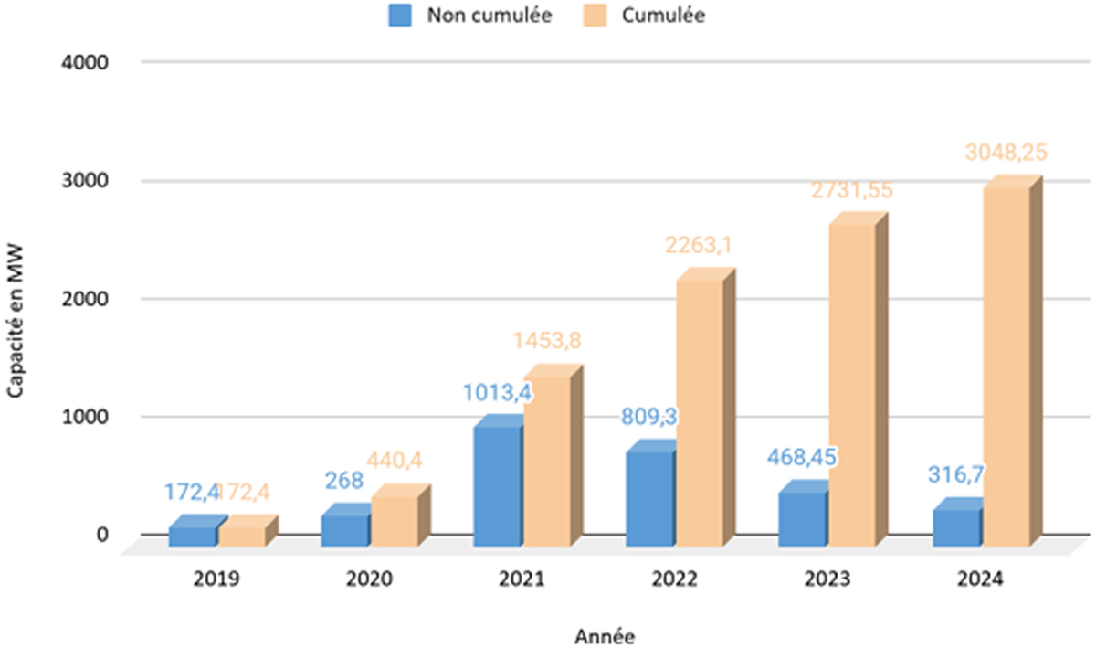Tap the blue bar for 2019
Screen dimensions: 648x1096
click(x=193, y=536)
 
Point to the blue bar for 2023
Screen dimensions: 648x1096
click(x=802, y=520)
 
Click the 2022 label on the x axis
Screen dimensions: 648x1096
click(x=674, y=580)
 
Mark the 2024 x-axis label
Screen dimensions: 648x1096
click(x=979, y=580)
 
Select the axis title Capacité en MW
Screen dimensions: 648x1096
click(x=16, y=314)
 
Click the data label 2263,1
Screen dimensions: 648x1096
click(x=699, y=245)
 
